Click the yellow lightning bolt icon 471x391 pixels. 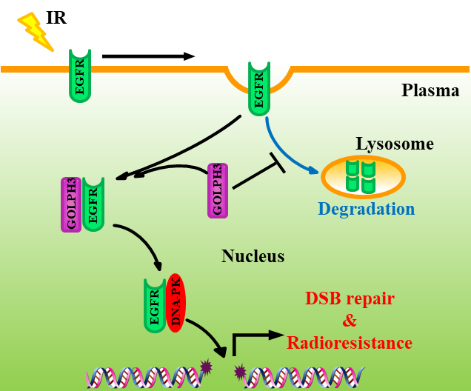pos(35,31)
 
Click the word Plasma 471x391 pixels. pos(430,90)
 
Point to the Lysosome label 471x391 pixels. pos(395,144)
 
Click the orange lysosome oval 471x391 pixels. pos(363,177)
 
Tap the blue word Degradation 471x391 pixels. pos(366,209)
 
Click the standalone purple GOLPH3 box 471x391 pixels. pos(218,190)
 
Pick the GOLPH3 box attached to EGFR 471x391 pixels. pos(71,204)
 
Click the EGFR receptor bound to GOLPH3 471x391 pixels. pos(93,204)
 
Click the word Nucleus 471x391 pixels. pos(253,257)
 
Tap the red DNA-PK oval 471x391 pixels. pos(176,303)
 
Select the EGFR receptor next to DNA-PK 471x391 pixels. pos(155,305)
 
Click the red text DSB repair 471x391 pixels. pos(350,298)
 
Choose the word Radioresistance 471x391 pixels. pos(350,343)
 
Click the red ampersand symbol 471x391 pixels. pos(350,321)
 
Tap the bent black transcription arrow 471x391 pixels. pos(252,339)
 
